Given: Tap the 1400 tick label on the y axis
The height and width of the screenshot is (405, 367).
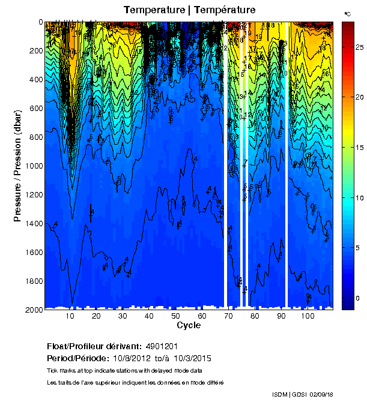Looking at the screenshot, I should (x=33, y=224).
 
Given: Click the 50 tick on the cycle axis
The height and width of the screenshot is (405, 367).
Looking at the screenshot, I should (x=175, y=316).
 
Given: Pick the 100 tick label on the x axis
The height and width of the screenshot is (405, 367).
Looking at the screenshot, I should (x=308, y=316).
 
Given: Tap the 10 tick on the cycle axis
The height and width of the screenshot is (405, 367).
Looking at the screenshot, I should (x=70, y=316).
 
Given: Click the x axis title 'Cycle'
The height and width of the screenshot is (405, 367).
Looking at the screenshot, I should (x=189, y=325).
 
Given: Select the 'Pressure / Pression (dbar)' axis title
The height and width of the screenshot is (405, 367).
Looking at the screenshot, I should (x=18, y=166).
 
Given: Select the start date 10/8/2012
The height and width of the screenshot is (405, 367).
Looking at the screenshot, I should (x=130, y=358).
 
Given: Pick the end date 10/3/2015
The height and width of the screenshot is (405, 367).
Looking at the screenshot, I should (x=193, y=358).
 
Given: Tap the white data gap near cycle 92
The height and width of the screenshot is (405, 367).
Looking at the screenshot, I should (x=287, y=162).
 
